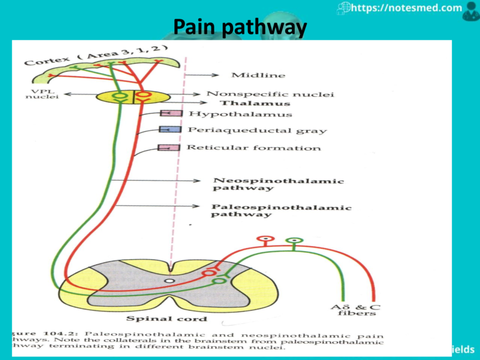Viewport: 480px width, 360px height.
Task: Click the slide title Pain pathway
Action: point(240,27)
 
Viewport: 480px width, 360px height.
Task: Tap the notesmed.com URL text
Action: point(407,9)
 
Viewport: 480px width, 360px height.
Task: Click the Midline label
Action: point(258,75)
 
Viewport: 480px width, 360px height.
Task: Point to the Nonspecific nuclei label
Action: point(270,94)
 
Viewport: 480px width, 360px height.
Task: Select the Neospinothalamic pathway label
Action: point(278,184)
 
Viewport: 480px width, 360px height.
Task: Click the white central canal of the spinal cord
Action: point(169,282)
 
